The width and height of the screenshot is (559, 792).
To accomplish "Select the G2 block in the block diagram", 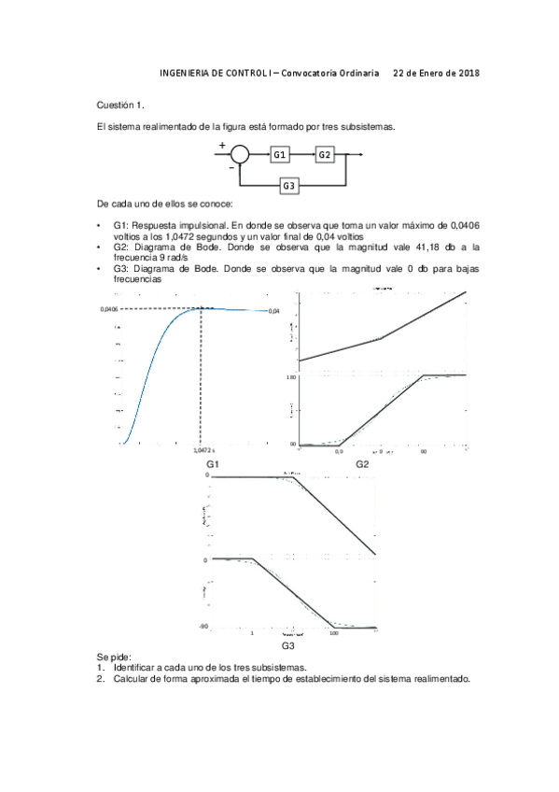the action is click(325, 154).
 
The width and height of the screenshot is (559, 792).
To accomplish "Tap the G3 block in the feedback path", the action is click(289, 187).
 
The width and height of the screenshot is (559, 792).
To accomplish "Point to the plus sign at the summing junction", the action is click(222, 145).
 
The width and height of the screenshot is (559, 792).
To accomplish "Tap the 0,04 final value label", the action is click(273, 310).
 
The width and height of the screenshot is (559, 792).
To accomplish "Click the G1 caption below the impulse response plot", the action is click(213, 463).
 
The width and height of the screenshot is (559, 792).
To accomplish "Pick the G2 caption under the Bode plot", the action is click(362, 463).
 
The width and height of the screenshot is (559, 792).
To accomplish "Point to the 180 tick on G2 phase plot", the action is click(292, 376).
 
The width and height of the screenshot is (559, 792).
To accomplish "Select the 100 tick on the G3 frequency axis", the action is click(334, 634).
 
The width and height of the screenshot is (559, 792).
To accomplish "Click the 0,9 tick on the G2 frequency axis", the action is click(339, 451).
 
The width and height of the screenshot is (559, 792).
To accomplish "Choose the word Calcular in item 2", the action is click(131, 679).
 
